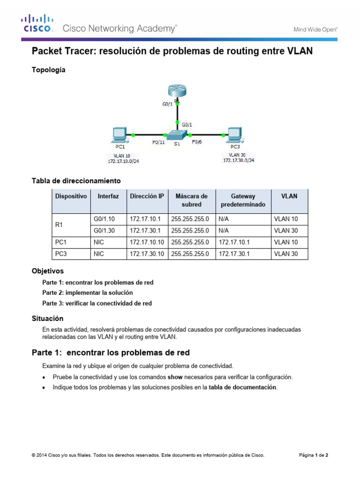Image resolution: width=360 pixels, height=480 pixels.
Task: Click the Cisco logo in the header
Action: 36,24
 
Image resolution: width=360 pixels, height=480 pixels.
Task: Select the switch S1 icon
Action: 177,134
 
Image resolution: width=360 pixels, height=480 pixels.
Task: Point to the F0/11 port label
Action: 158,143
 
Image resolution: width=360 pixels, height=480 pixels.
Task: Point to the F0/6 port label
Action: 197,142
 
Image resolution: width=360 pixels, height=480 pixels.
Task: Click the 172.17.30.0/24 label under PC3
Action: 239,160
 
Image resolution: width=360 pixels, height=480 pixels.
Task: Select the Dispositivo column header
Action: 71,196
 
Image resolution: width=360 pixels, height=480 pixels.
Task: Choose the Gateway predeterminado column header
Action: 242,200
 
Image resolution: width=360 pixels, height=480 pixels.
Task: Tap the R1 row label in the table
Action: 59,225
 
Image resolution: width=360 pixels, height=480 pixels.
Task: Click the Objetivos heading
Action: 47,271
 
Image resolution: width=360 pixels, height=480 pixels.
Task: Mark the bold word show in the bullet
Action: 174,377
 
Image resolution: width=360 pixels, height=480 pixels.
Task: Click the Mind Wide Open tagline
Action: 315,29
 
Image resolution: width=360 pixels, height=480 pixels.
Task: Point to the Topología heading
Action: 48,70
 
